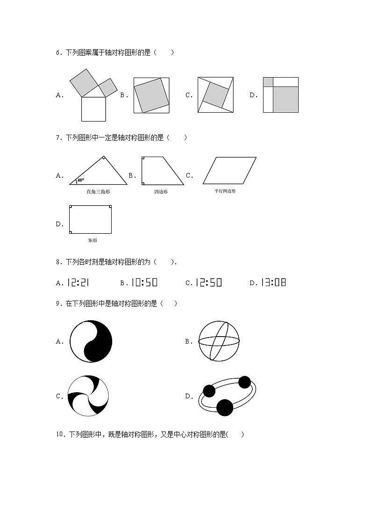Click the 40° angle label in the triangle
point(81,180)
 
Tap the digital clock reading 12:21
point(78,282)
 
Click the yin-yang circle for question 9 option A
point(91,341)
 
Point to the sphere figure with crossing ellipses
point(219,341)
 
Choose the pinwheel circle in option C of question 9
point(88,396)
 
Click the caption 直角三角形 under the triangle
point(98,192)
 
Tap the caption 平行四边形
point(225,191)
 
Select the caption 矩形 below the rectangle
point(93,240)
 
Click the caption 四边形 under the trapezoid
point(161,192)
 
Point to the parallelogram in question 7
point(229,170)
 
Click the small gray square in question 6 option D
point(268,82)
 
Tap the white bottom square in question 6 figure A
point(93,108)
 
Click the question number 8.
point(58,262)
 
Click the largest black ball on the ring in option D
point(225,408)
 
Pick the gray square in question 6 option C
point(215,95)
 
